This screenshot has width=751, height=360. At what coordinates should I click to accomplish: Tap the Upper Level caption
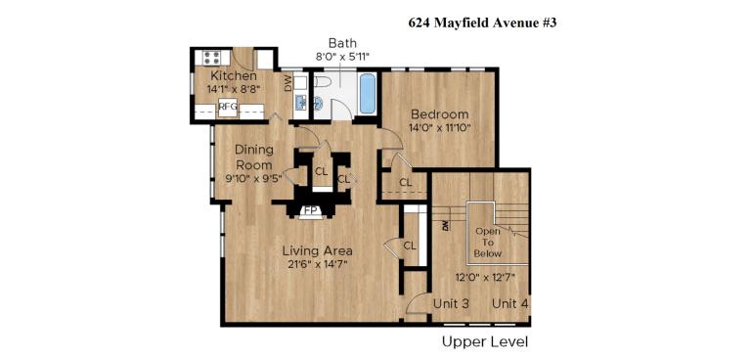tap(485, 341)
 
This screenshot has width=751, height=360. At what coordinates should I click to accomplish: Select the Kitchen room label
tap(234, 75)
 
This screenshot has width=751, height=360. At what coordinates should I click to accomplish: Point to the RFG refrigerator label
tap(227, 107)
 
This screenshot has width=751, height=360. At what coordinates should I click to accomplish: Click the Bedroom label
tap(439, 113)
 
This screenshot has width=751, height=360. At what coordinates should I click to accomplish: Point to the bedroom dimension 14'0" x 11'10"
tap(439, 127)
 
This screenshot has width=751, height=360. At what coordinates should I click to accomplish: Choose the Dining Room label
tap(254, 157)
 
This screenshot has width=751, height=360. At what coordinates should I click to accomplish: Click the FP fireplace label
tap(310, 209)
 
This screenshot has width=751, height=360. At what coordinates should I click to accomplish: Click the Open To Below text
tap(488, 242)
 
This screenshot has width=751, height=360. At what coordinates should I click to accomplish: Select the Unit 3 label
tap(451, 304)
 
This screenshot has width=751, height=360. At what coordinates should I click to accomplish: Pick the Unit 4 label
tap(509, 304)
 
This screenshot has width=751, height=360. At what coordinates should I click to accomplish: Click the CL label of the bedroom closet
tap(405, 182)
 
